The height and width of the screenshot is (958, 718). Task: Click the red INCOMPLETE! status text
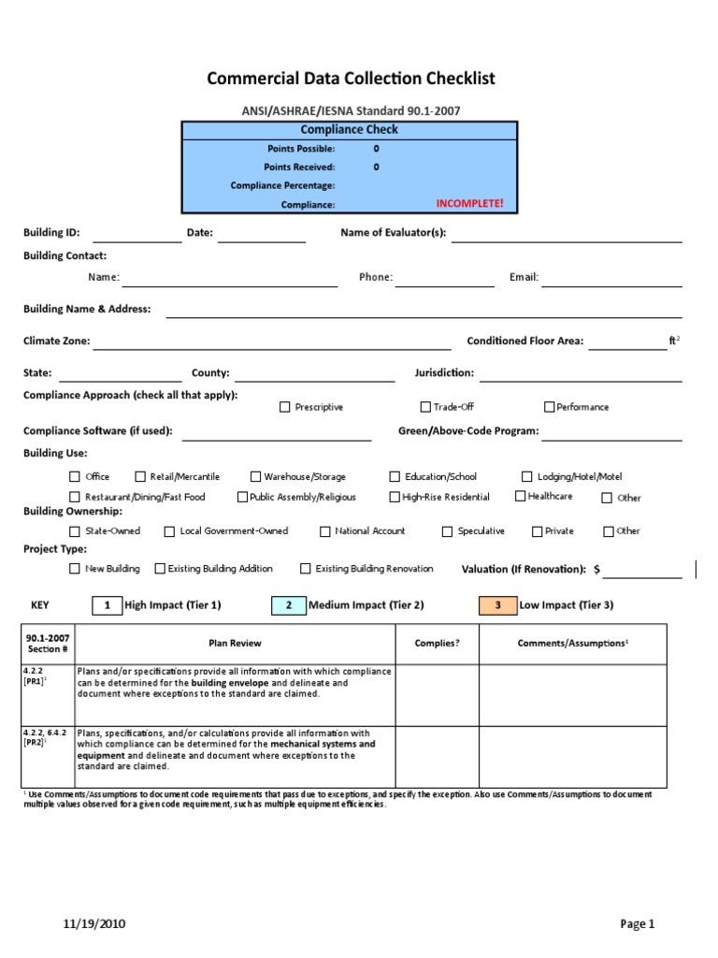[x=469, y=204]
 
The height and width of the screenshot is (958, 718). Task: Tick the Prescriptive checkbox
[x=285, y=407]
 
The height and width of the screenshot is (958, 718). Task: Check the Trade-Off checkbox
[x=425, y=407]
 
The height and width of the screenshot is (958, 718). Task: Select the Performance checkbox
[x=550, y=407]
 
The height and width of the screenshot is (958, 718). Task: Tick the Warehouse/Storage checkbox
[x=255, y=476]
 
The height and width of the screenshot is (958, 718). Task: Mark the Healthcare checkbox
[x=521, y=497]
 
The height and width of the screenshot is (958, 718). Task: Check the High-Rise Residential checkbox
[x=395, y=497]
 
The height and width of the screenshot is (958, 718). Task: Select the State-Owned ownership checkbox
[x=75, y=531]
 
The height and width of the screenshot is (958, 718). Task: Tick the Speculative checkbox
[x=448, y=531]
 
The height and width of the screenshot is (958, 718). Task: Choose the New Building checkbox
[x=75, y=568]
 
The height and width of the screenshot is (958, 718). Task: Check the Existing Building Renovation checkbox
[x=306, y=568]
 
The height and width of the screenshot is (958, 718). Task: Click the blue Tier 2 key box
[x=288, y=605]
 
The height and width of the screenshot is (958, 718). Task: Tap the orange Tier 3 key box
[x=497, y=605]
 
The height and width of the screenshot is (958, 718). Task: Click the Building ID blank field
[x=136, y=234]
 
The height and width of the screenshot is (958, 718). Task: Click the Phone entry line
[x=445, y=278]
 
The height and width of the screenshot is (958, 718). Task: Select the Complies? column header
[x=437, y=644]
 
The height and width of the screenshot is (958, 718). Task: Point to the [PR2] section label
[x=35, y=743]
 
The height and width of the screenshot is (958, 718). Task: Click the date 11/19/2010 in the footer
[x=94, y=924]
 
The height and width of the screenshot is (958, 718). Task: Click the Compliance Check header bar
[x=349, y=130]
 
